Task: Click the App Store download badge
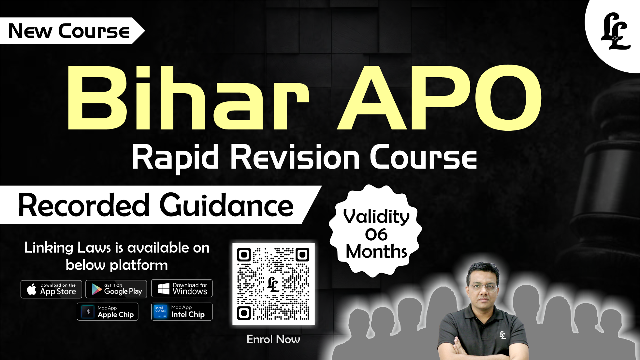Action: point(51,289)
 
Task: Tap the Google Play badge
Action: point(116,289)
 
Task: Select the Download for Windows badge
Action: point(182,288)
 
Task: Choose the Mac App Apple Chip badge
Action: point(108,312)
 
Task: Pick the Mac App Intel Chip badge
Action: point(182,312)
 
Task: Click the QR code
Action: point(273,284)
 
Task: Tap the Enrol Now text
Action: point(273,339)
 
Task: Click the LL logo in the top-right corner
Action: point(615,32)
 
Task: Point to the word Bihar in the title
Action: point(188,97)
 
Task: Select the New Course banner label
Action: point(69,31)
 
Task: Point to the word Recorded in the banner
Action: point(84,205)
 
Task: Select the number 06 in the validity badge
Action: point(376,234)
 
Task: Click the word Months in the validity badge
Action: point(376,251)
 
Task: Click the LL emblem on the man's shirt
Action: point(503,335)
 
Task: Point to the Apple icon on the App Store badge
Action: point(32,289)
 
